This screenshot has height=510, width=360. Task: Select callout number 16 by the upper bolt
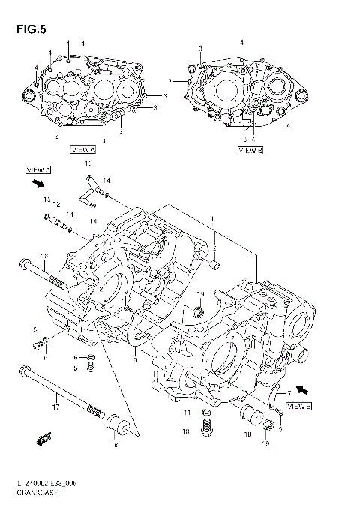(44, 256)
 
